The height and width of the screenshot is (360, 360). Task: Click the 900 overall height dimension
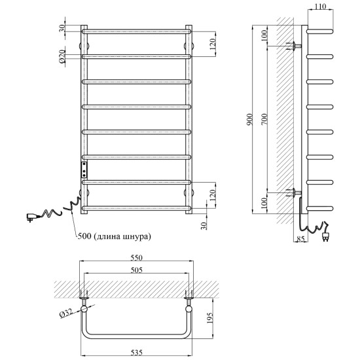[x=250, y=119]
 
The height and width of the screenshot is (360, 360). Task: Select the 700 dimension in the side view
[x=264, y=119]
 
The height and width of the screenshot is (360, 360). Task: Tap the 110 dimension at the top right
[x=320, y=7]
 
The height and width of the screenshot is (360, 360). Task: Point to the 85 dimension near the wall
[x=301, y=239]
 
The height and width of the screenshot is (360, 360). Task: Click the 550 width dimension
[x=136, y=258]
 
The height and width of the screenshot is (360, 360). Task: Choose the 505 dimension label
[x=136, y=270]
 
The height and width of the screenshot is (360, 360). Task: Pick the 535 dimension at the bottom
[x=136, y=352]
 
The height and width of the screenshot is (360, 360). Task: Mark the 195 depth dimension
[x=210, y=317]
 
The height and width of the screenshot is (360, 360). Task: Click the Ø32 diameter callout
[x=66, y=313]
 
